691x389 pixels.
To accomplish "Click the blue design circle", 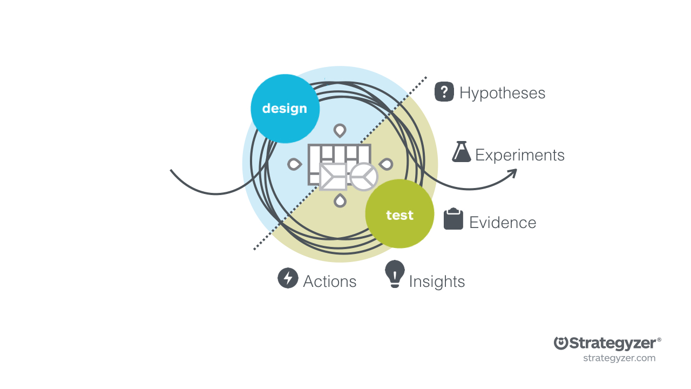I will click(x=285, y=109).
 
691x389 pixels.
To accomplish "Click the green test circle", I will click(x=399, y=214).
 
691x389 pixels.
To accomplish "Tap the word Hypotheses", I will click(x=502, y=93).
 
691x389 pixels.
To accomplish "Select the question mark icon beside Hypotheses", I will click(x=444, y=92).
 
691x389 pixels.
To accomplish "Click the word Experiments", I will click(x=519, y=155).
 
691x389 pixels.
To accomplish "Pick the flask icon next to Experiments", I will click(x=461, y=152).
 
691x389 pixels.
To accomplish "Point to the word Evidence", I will click(x=502, y=223).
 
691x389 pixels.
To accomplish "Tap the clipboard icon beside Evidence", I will click(x=453, y=219).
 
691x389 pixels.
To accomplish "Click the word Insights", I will click(x=437, y=281).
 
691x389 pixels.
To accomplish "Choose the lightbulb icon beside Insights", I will click(x=395, y=273).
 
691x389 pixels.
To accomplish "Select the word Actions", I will click(x=329, y=281).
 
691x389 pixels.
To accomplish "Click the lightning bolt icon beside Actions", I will click(x=288, y=278).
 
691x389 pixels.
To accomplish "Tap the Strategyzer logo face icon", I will click(x=561, y=343).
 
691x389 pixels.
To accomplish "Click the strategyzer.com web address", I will click(x=619, y=358).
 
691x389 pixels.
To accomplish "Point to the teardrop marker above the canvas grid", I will click(x=340, y=130).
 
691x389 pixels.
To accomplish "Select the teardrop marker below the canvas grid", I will click(x=340, y=200).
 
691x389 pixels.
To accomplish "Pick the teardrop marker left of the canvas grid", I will click(x=294, y=164).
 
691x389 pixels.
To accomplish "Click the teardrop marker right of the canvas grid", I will click(x=387, y=164).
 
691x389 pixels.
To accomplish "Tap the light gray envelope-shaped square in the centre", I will click(x=333, y=177).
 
